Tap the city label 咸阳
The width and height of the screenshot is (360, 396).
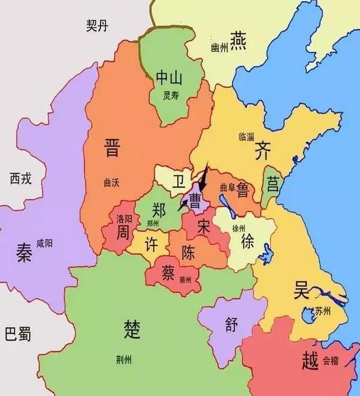coord(45,244)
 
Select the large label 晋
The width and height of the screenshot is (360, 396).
coord(111,147)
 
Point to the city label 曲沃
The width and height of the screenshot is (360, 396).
coord(111,183)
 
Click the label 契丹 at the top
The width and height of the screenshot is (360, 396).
coord(96,25)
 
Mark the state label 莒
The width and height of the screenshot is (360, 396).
coord(273,183)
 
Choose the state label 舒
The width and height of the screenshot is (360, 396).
coord(231,325)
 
